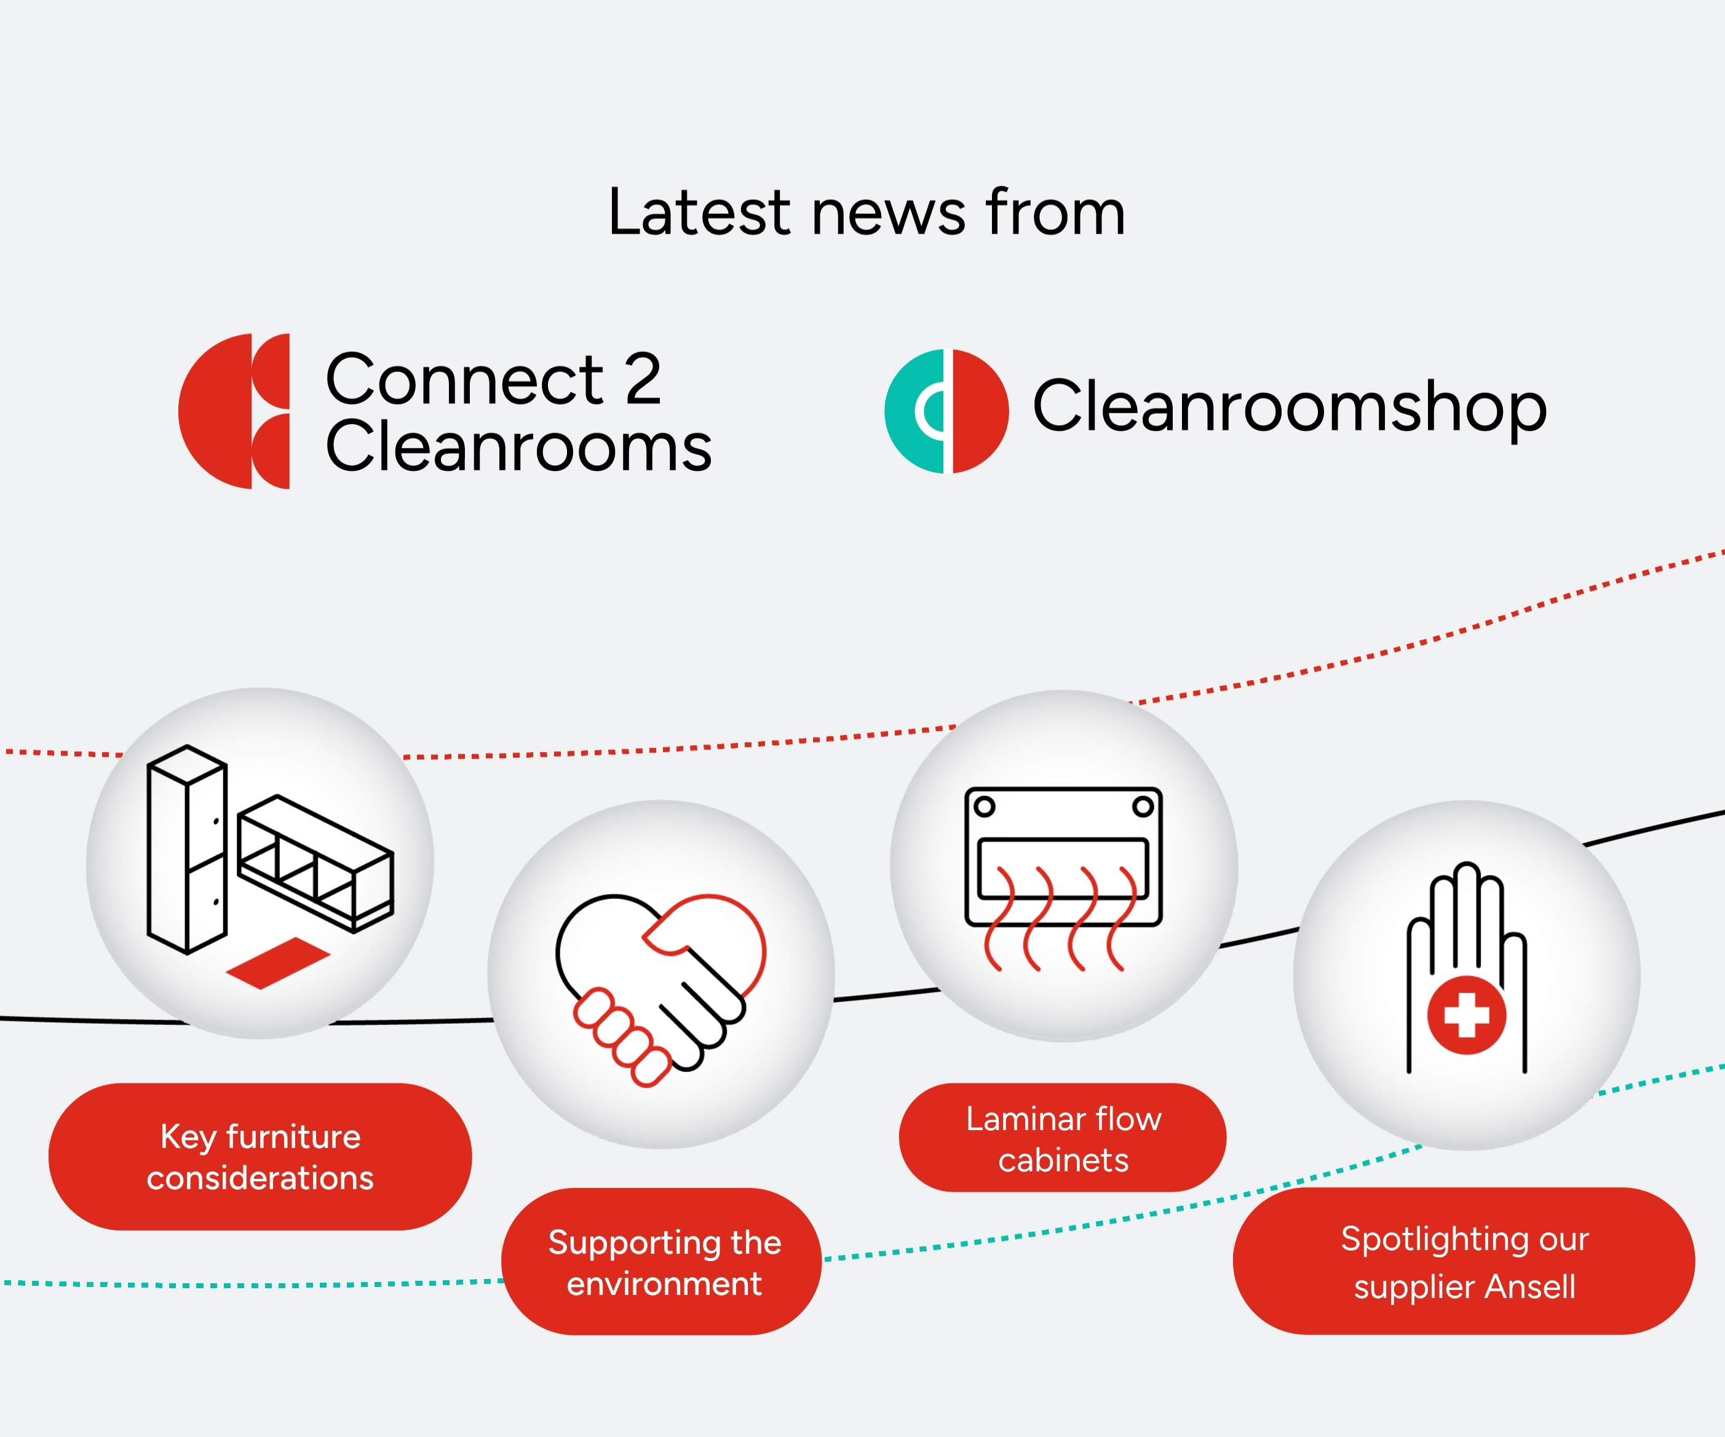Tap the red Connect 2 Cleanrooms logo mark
pyautogui.click(x=234, y=411)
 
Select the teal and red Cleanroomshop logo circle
pyautogui.click(x=946, y=411)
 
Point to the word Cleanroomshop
pyautogui.click(x=1290, y=406)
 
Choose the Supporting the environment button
pyautogui.click(x=661, y=1261)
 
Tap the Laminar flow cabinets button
pyautogui.click(x=1062, y=1138)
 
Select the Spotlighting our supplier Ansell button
pyautogui.click(x=1464, y=1261)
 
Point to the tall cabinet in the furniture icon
pyautogui.click(x=186, y=850)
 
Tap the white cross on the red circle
pyautogui.click(x=1466, y=1015)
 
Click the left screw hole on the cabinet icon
pyautogui.click(x=984, y=806)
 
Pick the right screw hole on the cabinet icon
pyautogui.click(x=1143, y=806)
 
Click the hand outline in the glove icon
pyautogui.click(x=1466, y=967)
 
